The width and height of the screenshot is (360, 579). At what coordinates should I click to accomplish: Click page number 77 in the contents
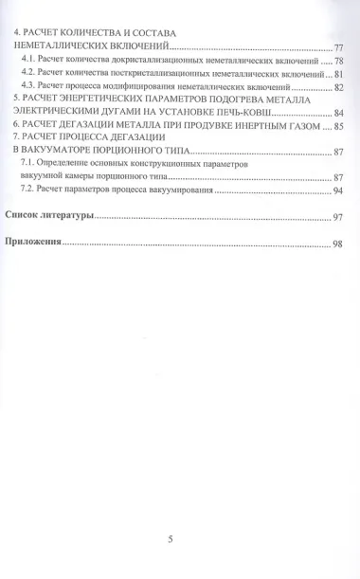[x=338, y=47]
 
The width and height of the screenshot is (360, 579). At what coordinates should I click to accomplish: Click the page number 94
[x=338, y=190]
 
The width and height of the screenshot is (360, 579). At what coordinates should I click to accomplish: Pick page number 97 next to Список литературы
[x=338, y=218]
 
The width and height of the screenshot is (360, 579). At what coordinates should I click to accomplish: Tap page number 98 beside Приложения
[x=338, y=244]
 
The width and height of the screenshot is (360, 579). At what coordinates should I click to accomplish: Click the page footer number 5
[x=170, y=540]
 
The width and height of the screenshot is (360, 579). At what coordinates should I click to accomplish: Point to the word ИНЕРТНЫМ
[x=261, y=125]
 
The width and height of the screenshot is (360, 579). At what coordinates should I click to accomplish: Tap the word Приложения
[x=33, y=244]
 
